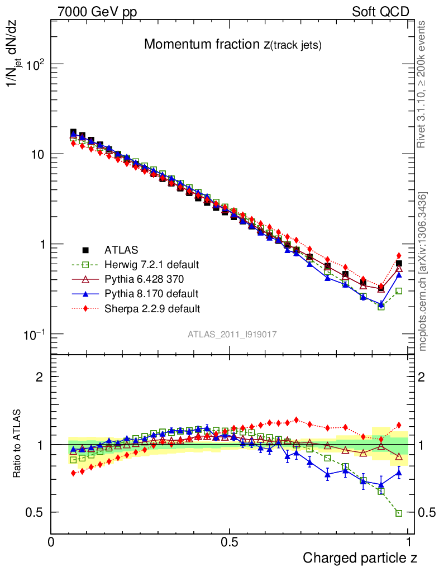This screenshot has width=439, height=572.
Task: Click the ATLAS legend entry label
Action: (123, 250)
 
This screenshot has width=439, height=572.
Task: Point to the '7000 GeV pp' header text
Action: (97, 12)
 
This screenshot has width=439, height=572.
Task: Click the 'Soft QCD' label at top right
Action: (380, 12)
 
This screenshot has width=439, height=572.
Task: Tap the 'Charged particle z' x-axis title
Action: (360, 557)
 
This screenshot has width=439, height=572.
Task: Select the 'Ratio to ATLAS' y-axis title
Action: (17, 444)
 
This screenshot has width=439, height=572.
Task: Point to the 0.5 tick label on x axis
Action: (230, 542)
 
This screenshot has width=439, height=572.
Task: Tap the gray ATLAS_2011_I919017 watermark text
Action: (232, 334)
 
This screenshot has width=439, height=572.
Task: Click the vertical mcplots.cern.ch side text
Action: (423, 271)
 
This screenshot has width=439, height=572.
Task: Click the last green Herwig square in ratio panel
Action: (399, 513)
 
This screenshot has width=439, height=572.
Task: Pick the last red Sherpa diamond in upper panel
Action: (399, 255)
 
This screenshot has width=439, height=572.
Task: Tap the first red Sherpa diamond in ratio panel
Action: (73, 473)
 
